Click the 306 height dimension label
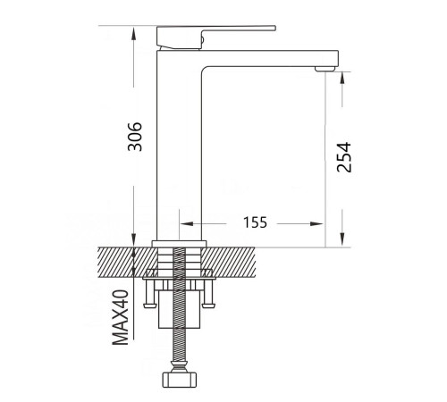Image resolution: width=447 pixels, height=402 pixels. pyautogui.click(x=135, y=137)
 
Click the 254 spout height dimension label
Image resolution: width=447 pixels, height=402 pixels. pyautogui.click(x=344, y=157)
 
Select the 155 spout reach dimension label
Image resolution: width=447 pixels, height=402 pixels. pyautogui.click(x=256, y=222)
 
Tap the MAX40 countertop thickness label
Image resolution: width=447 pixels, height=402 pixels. pyautogui.click(x=120, y=317)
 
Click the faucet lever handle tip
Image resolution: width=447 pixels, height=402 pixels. pyautogui.click(x=274, y=29)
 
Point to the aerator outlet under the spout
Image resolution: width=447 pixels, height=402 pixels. pyautogui.click(x=325, y=69)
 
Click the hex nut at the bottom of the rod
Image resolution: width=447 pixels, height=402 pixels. pyautogui.click(x=180, y=379)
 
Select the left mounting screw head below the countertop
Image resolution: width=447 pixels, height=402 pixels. pyautogui.click(x=149, y=306)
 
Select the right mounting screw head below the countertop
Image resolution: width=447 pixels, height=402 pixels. pyautogui.click(x=209, y=306)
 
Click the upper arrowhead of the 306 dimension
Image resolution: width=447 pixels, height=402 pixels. pyautogui.click(x=134, y=33)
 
